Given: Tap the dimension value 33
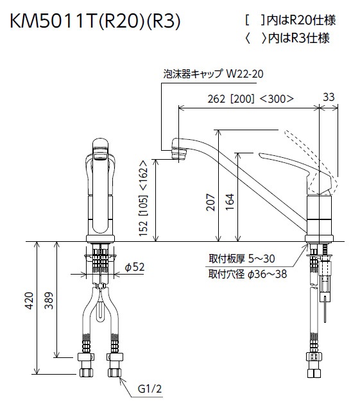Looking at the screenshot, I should point(329,97).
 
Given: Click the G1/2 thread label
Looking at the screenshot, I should point(149,389).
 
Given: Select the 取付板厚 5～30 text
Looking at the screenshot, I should point(241,259).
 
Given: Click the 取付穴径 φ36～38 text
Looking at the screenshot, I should point(246,273).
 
